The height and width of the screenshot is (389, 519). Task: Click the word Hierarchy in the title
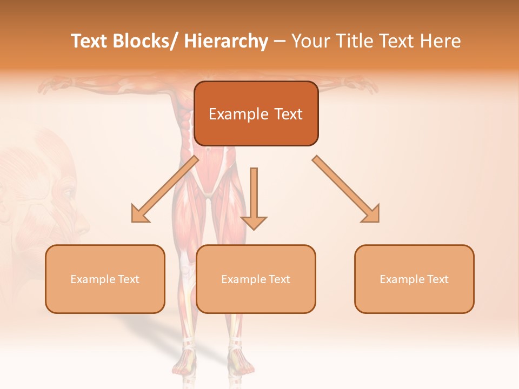pos(226,41)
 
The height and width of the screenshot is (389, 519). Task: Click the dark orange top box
pos(256,113)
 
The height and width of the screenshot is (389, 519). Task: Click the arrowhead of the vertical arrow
pos(254,223)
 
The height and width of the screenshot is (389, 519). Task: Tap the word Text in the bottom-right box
pos(437,279)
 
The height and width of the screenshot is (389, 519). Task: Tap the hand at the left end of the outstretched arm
pos(51,84)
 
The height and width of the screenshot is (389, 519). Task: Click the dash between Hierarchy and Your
pos(280,42)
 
